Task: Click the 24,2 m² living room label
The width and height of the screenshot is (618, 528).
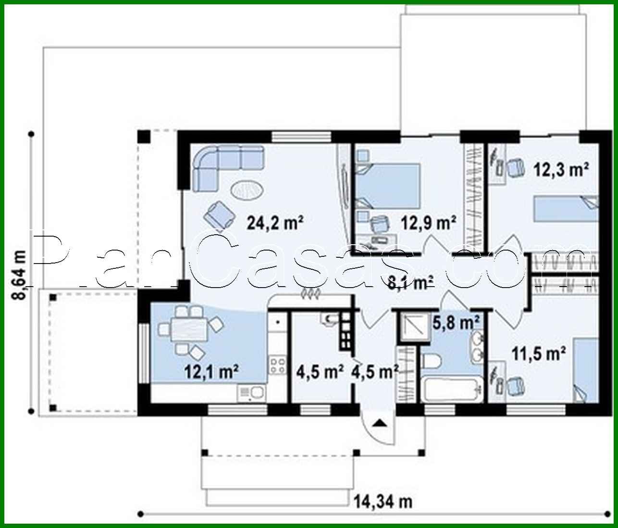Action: coord(275,223)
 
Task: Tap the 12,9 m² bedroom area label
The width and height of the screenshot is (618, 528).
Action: coord(428,223)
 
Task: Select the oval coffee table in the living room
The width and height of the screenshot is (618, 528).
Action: coord(247,190)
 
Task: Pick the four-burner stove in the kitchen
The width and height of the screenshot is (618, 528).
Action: coord(278,365)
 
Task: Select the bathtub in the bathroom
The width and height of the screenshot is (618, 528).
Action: coord(452,390)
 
